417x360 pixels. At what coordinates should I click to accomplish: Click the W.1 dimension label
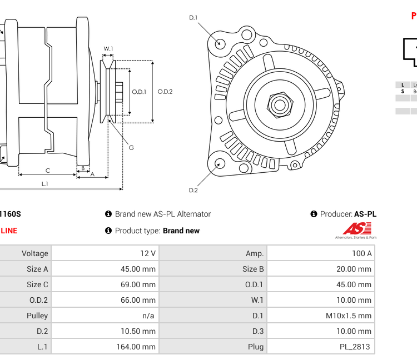[108, 49]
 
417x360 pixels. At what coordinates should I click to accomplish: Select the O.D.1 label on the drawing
[138, 92]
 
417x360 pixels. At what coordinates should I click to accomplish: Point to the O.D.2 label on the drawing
[165, 92]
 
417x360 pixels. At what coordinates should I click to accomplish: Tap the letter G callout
[131, 148]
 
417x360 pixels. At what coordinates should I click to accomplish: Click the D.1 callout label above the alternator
[193, 18]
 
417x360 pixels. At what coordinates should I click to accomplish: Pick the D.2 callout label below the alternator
[193, 190]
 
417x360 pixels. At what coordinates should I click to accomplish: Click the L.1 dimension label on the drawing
[44, 183]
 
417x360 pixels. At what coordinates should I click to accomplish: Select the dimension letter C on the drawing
[48, 171]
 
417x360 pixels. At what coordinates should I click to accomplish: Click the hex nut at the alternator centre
[280, 104]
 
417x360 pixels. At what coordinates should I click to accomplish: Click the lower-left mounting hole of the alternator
[220, 163]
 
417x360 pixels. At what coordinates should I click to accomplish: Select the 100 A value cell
[361, 253]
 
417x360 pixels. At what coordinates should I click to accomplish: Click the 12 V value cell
[148, 253]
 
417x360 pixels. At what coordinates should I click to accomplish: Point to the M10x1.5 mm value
[349, 316]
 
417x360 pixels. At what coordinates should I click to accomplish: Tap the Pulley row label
[37, 316]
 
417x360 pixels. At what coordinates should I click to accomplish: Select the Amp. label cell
[255, 253]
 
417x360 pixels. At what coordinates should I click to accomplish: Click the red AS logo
[356, 228]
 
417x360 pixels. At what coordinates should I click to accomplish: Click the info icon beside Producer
[314, 214]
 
